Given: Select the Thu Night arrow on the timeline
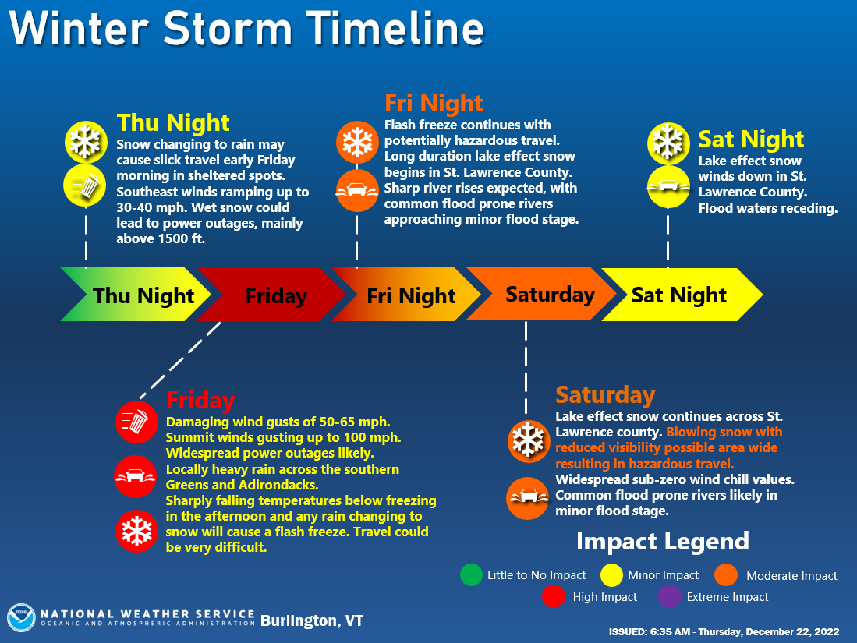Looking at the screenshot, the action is point(136,295).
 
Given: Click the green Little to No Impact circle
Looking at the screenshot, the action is point(471,574).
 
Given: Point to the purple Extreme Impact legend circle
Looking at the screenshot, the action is point(670,596).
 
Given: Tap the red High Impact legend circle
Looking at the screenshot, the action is point(554,596).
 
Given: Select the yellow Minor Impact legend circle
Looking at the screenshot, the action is point(611,574).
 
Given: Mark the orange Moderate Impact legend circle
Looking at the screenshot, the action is point(726,574).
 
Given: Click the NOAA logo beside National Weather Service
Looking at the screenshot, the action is point(21,618).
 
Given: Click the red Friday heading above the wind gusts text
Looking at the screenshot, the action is point(200,401).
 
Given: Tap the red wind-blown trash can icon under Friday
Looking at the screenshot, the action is point(136,422).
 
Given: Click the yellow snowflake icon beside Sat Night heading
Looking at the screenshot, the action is point(668,143).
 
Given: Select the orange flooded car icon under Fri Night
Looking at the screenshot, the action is point(357,191).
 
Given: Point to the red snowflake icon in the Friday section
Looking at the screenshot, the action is point(136,531).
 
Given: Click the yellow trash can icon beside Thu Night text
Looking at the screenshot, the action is point(85,185).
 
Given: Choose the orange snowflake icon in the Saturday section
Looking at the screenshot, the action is point(528,441).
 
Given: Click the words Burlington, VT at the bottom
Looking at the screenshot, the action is point(312,621).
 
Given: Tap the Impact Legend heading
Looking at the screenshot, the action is point(662,542).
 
